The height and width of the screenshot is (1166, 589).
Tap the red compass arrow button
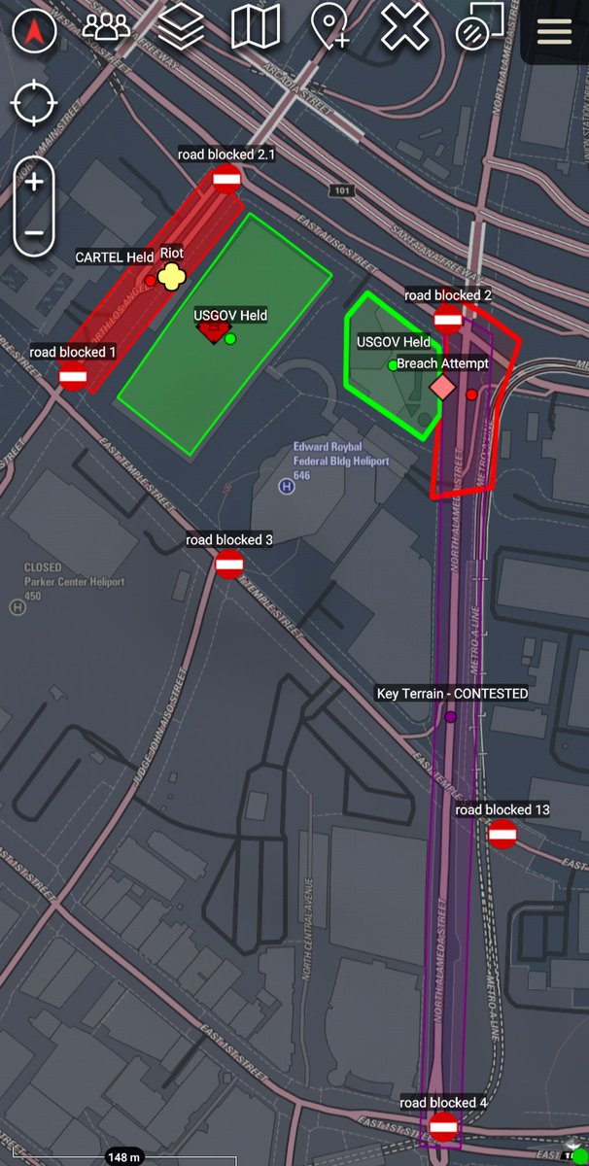[x=34, y=31]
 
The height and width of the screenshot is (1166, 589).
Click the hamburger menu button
[x=554, y=31]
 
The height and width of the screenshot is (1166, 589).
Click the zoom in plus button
[x=34, y=182]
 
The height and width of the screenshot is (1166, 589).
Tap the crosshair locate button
[x=34, y=103]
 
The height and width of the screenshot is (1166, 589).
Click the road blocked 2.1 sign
[x=226, y=178]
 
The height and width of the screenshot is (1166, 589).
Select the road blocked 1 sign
[x=73, y=376]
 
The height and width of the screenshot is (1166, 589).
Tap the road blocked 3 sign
[x=228, y=564]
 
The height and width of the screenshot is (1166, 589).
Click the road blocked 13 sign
[x=502, y=833]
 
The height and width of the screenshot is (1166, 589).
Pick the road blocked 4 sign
[x=443, y=1126]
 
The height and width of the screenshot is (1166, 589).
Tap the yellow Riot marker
[x=172, y=278]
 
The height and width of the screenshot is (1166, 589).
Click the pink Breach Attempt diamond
[x=442, y=389]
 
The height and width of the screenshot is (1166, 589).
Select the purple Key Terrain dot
[x=451, y=717]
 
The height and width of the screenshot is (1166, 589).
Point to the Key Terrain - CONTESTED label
[x=452, y=694]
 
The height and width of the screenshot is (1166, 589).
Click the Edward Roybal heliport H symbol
[x=287, y=486]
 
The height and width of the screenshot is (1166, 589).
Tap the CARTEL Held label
[x=115, y=257]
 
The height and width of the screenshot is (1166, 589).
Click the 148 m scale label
[x=123, y=1157]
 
